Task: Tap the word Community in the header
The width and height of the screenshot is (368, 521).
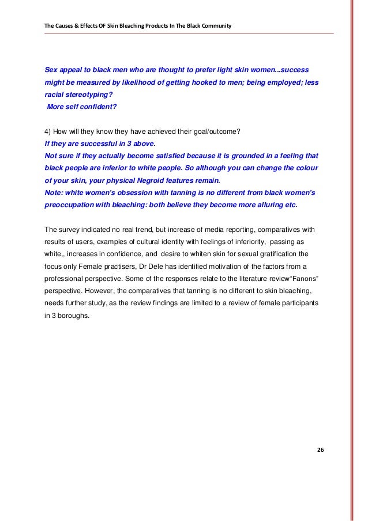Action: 216,26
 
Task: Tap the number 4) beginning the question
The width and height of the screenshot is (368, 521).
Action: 48,132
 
